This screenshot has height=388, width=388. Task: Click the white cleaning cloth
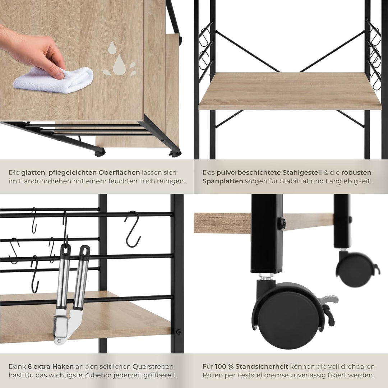(54, 80)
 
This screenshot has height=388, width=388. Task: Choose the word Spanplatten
(222, 181)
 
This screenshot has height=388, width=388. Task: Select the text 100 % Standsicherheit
(251, 367)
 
